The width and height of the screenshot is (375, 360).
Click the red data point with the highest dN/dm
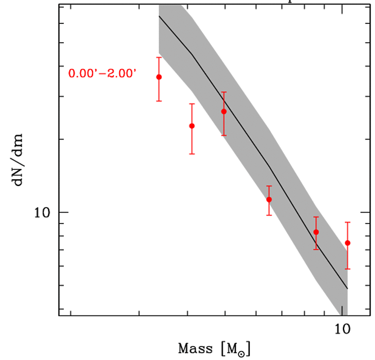coord(159,77)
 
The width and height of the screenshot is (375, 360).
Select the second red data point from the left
coord(192,126)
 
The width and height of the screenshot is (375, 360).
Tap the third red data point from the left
coord(224,111)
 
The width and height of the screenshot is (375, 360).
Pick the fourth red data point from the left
coord(269,199)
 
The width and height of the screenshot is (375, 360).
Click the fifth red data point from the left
coord(316,232)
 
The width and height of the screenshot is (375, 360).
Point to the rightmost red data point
coord(347,243)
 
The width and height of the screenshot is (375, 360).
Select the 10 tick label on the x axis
coord(342,329)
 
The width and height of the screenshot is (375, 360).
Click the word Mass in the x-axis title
coord(195,349)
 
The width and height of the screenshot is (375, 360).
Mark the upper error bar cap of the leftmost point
coord(159,57)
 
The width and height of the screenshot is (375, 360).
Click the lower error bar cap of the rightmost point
coord(347,269)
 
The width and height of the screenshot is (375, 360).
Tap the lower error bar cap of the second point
coord(192,154)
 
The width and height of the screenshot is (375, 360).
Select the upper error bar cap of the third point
coord(224,92)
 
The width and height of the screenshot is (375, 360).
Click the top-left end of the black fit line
coord(159,16)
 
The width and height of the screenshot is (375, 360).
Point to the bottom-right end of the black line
coord(347,288)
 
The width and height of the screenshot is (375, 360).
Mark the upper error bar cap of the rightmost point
coord(347,222)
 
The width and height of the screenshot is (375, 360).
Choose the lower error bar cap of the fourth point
coord(269,215)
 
